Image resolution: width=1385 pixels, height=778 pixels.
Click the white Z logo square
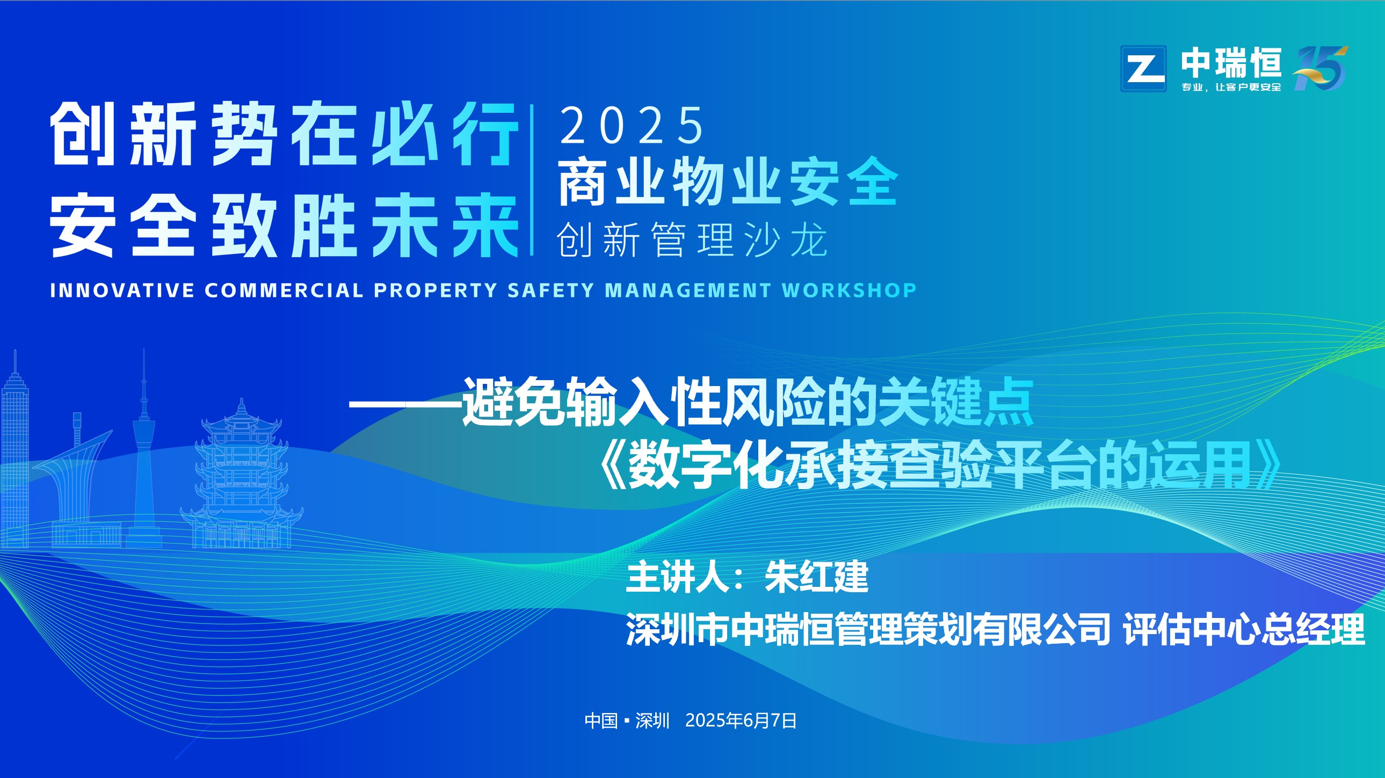tap(1143, 69)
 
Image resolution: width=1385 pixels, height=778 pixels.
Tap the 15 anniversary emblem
tap(1321, 68)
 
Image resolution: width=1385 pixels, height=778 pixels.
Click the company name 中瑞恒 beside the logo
tap(1231, 63)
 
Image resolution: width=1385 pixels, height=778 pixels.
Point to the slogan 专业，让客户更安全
tap(1231, 87)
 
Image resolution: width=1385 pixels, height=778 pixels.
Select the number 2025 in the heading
tap(632, 125)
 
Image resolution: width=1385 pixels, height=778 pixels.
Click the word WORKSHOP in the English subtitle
tap(850, 290)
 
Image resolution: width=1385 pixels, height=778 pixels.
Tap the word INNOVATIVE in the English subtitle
tap(122, 290)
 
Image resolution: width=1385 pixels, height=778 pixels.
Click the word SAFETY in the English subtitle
tap(550, 290)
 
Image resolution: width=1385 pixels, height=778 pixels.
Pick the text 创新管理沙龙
tap(692, 240)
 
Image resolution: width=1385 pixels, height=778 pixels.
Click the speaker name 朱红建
tap(817, 577)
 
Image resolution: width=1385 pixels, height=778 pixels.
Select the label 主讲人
tap(678, 577)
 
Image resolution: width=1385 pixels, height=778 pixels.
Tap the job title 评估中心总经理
tap(1244, 629)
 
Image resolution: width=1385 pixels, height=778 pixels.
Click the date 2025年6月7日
tap(741, 721)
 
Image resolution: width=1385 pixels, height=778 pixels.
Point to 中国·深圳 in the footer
tap(627, 721)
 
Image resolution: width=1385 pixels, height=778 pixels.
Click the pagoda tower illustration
tap(242, 474)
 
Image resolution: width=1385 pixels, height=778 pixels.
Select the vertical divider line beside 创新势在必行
tap(532, 180)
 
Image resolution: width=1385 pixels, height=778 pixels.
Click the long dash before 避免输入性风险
tap(405, 404)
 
